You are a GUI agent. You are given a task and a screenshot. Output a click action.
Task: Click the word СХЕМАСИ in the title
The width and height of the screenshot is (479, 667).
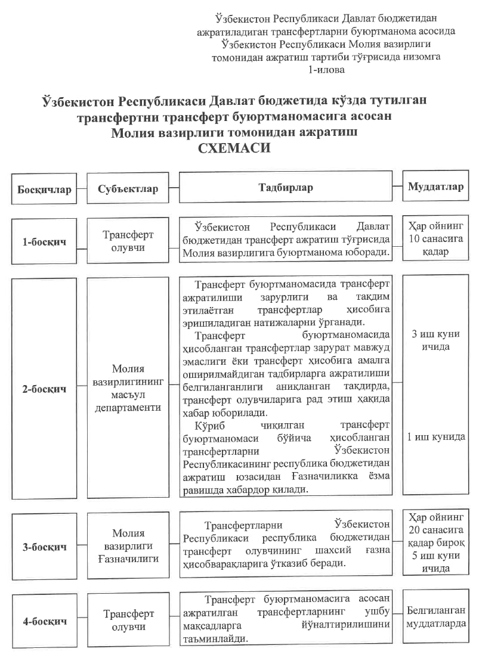[234, 148]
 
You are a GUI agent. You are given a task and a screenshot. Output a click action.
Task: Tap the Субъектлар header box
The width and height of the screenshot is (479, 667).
[128, 189]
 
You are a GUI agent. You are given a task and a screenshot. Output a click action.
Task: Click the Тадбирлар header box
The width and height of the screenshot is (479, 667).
[285, 188]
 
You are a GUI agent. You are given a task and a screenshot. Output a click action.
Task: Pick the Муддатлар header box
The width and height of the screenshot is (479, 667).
[435, 187]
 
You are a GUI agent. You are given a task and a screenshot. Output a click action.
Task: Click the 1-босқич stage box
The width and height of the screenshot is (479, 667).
[44, 242]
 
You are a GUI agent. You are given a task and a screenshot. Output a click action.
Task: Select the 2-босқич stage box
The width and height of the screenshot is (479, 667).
[44, 389]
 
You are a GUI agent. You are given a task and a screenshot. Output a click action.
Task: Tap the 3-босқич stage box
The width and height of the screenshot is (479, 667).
[44, 547]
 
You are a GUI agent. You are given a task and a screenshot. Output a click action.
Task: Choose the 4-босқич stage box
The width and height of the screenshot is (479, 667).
[44, 621]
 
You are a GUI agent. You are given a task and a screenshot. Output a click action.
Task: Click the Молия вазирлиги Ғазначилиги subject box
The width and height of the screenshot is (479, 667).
[128, 546]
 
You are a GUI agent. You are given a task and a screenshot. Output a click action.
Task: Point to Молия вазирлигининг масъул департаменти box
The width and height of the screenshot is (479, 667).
[128, 388]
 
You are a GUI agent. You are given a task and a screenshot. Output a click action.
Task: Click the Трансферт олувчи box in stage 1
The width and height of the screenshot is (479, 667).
[128, 241]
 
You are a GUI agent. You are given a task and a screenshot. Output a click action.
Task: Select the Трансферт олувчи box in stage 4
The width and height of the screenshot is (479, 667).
[128, 620]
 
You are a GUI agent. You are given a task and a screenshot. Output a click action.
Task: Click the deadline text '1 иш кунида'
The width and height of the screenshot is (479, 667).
[435, 437]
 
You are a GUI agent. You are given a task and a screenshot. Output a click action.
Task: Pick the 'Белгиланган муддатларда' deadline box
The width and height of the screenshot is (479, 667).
[435, 617]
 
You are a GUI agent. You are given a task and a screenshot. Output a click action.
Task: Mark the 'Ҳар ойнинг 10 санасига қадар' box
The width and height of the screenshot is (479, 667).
[435, 239]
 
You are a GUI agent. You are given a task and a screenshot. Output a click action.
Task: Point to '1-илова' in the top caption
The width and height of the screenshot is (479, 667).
[326, 70]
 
